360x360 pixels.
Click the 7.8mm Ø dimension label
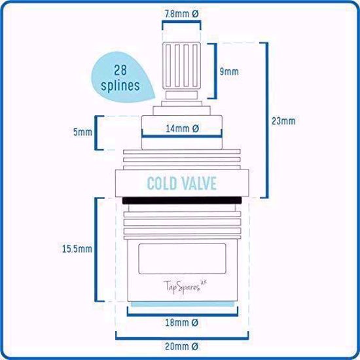tap(181, 14)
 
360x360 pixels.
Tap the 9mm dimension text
tap(229, 71)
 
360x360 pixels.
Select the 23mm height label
tap(283, 121)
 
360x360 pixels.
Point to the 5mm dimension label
tap(82, 132)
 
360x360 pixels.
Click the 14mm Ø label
tap(183, 128)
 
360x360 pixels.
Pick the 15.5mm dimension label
tap(77, 249)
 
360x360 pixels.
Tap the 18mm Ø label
tap(181, 323)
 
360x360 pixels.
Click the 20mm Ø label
tap(181, 346)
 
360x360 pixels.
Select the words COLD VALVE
tap(181, 183)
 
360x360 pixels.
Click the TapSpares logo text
tap(185, 287)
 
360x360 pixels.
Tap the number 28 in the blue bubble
tap(120, 70)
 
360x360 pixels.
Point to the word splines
tap(120, 85)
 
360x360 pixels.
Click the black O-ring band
tap(182, 200)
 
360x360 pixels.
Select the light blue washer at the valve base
tap(183, 304)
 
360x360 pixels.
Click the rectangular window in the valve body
tap(182, 259)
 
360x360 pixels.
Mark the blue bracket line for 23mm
tap(267, 120)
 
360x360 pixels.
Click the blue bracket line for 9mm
tap(215, 71)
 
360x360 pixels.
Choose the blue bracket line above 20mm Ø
tap(182, 338)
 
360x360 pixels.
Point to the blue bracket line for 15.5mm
tap(96, 249)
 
